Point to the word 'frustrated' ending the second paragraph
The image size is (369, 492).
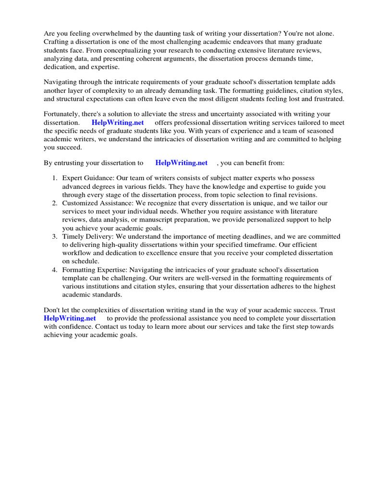point(328,98)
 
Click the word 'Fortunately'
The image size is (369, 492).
point(63,114)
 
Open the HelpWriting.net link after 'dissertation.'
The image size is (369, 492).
point(118,123)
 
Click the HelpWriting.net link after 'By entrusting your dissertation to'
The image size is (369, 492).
point(181,163)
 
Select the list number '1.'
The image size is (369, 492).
point(55,178)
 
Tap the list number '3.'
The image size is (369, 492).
point(55,236)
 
